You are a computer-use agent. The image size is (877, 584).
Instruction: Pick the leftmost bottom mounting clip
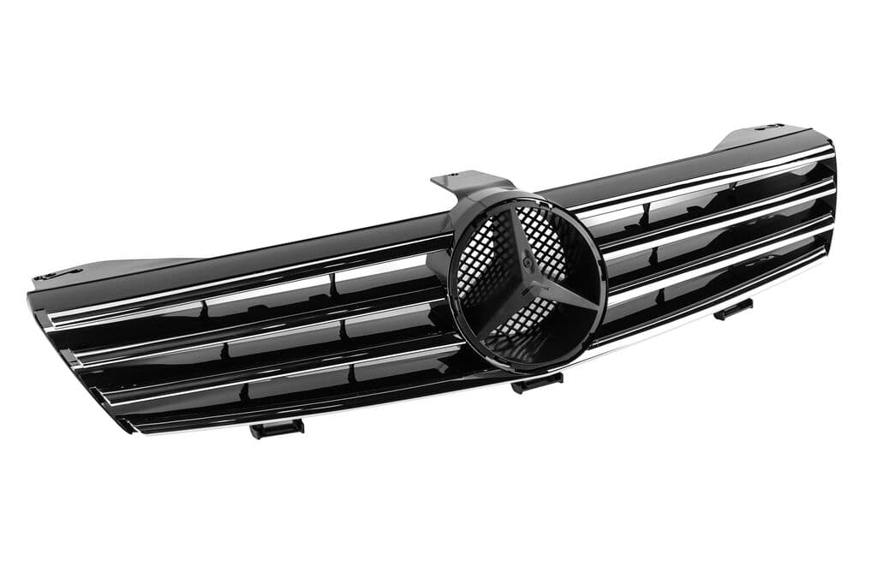[276, 427]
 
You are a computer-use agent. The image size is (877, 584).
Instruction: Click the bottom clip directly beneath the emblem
[537, 382]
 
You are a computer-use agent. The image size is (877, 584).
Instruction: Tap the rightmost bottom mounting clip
[733, 309]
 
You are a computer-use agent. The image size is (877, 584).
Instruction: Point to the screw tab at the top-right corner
[768, 128]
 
